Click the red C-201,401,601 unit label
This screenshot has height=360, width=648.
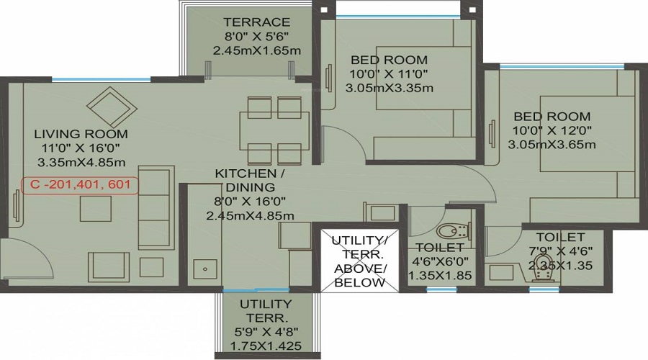pyautogui.click(x=80, y=185)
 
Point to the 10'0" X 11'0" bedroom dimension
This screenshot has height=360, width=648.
pyautogui.click(x=388, y=74)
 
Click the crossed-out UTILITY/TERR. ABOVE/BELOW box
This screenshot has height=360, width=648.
pyautogui.click(x=358, y=261)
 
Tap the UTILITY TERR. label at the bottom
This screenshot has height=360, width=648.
pyautogui.click(x=266, y=311)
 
